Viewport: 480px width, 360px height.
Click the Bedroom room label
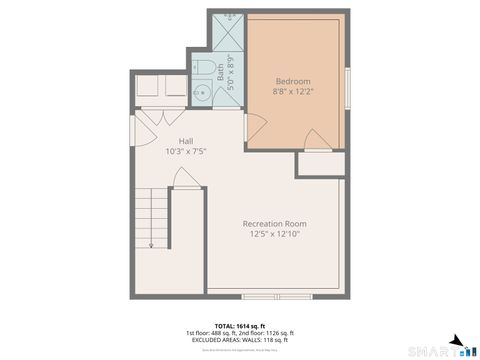292,81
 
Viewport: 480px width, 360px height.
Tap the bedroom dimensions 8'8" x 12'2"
292,92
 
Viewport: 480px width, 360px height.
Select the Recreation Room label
274,223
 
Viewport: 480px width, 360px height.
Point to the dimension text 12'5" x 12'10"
274,234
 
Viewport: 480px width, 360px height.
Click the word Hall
186,141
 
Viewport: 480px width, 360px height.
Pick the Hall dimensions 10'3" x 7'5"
186,152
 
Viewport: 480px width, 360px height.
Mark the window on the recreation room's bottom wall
277,296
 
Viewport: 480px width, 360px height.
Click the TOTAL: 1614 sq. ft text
239,326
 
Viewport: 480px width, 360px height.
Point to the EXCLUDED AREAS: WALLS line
239,340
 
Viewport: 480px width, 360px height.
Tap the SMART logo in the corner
440,350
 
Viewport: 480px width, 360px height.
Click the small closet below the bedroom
320,166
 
